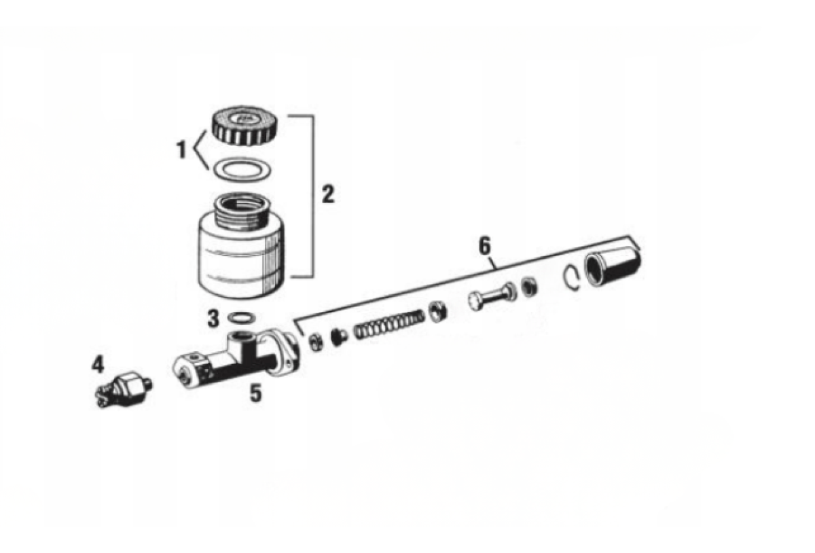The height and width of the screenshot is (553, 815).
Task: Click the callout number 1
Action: pos(181,150)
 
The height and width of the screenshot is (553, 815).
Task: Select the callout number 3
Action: pos(213,318)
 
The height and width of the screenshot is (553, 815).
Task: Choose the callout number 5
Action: pos(255,393)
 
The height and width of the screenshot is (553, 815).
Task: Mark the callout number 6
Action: pos(484,247)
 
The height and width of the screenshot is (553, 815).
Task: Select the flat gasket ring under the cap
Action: pos(242,170)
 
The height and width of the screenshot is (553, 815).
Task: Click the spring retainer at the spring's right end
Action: pos(438,312)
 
